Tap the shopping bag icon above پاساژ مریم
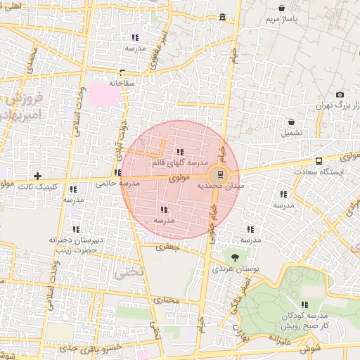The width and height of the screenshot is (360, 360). click(282, 8)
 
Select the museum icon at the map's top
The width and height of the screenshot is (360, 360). click(223, 16)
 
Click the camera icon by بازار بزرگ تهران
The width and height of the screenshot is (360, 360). click(340, 94)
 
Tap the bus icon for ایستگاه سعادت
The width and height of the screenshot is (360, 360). click(320, 160)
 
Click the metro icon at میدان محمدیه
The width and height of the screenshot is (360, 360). click(220, 174)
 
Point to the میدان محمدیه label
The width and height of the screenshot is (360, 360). click(219, 186)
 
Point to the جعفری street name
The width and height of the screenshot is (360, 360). click(169, 247)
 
